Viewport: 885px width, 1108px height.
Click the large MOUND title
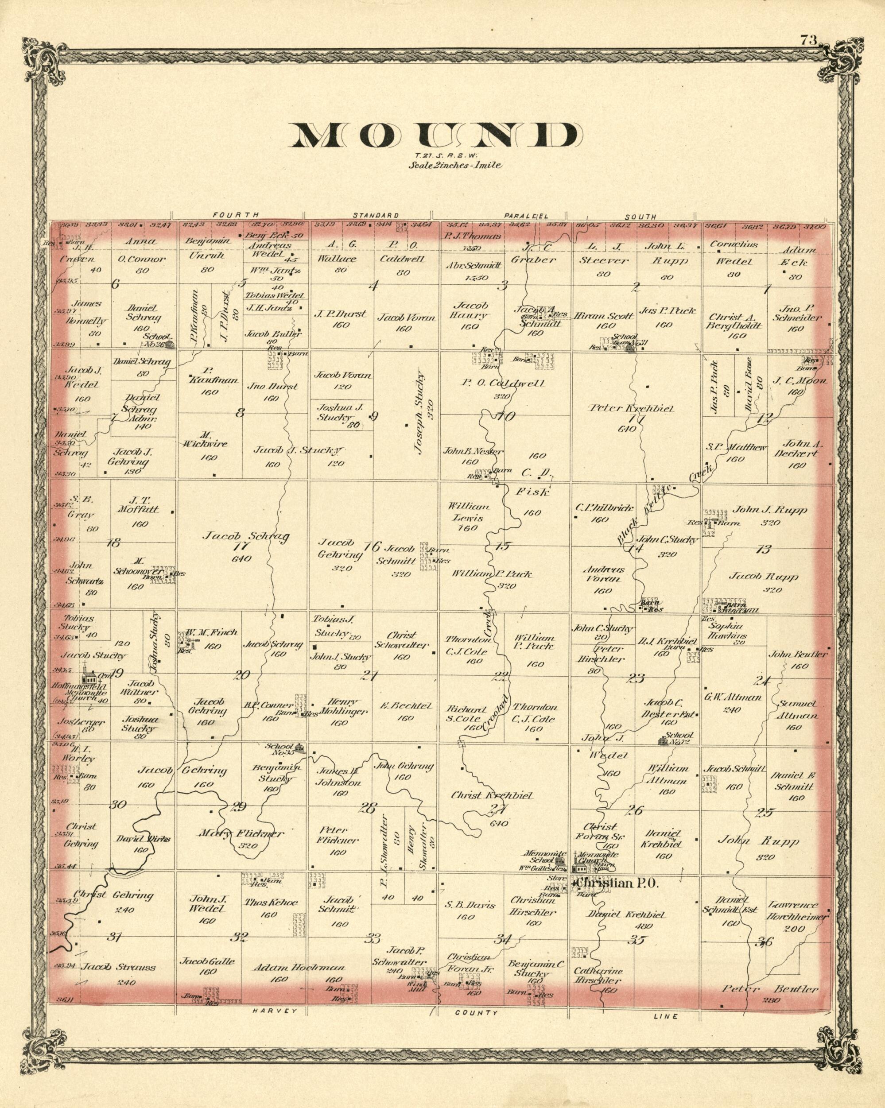pyautogui.click(x=433, y=135)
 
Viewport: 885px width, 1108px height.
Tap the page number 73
pyautogui.click(x=808, y=39)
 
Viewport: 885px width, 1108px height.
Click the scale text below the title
pyautogui.click(x=454, y=166)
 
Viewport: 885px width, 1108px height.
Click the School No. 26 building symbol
pyautogui.click(x=169, y=343)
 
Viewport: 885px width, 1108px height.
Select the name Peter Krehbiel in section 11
pyautogui.click(x=631, y=409)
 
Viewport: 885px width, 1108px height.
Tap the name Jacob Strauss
pyautogui.click(x=119, y=967)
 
